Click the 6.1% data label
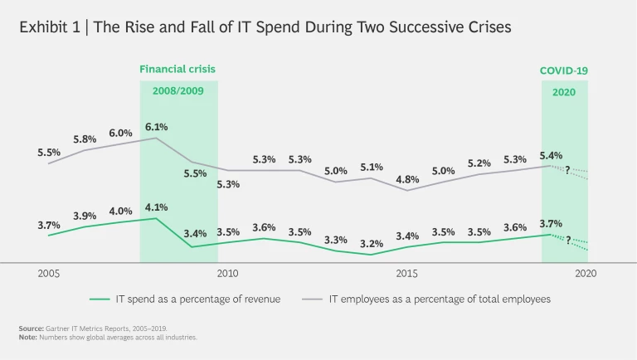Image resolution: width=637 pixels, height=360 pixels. tap(156, 127)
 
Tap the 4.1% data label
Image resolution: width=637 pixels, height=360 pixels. tap(156, 207)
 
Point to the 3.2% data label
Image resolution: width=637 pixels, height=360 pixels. tap(371, 244)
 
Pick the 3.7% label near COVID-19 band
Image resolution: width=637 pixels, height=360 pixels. tap(551, 223)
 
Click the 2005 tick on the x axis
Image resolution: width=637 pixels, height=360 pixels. tap(49, 273)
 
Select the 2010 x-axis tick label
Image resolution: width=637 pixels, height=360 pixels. tap(228, 273)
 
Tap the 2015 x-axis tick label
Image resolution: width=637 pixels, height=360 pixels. tap(406, 273)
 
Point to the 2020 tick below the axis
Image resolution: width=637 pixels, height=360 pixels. tap(586, 273)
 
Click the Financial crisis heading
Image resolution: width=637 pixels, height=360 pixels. tap(177, 69)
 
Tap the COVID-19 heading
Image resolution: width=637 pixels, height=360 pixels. tap(564, 71)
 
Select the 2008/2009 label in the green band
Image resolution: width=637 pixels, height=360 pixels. tap(177, 90)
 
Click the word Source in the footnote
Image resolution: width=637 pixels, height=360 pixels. tap(31, 329)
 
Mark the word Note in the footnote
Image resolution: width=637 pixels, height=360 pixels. tap(27, 338)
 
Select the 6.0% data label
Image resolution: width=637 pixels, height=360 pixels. tap(120, 134)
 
